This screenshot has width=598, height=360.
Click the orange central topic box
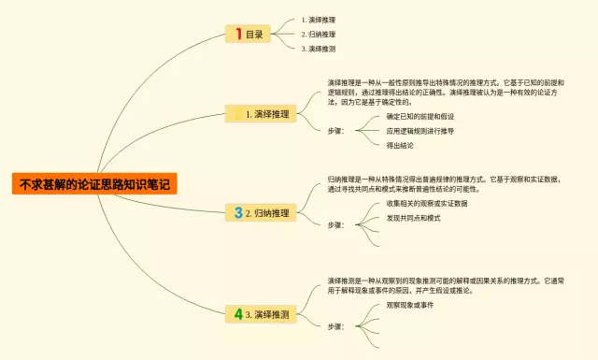point(93,183)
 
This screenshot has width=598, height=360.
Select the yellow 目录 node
point(249,34)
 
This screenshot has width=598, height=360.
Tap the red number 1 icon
point(238,34)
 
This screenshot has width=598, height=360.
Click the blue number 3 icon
point(238,213)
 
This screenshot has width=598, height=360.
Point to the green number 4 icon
point(238,313)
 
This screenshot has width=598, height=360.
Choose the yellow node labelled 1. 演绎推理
point(261,114)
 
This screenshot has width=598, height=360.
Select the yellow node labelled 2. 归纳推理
point(262,213)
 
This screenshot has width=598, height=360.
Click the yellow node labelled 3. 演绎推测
point(262,313)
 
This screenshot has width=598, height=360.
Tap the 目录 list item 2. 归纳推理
point(319,34)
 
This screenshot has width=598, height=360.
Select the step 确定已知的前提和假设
point(420,116)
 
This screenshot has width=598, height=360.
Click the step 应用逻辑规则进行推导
point(420,131)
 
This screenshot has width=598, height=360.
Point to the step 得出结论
point(400,145)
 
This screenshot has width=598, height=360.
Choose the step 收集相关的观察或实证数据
point(426,203)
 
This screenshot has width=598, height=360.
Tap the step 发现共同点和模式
point(413,218)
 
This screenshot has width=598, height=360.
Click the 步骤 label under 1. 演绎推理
point(335,131)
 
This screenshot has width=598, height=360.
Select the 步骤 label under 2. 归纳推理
point(335,225)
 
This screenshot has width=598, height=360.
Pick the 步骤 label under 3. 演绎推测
point(335,326)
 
